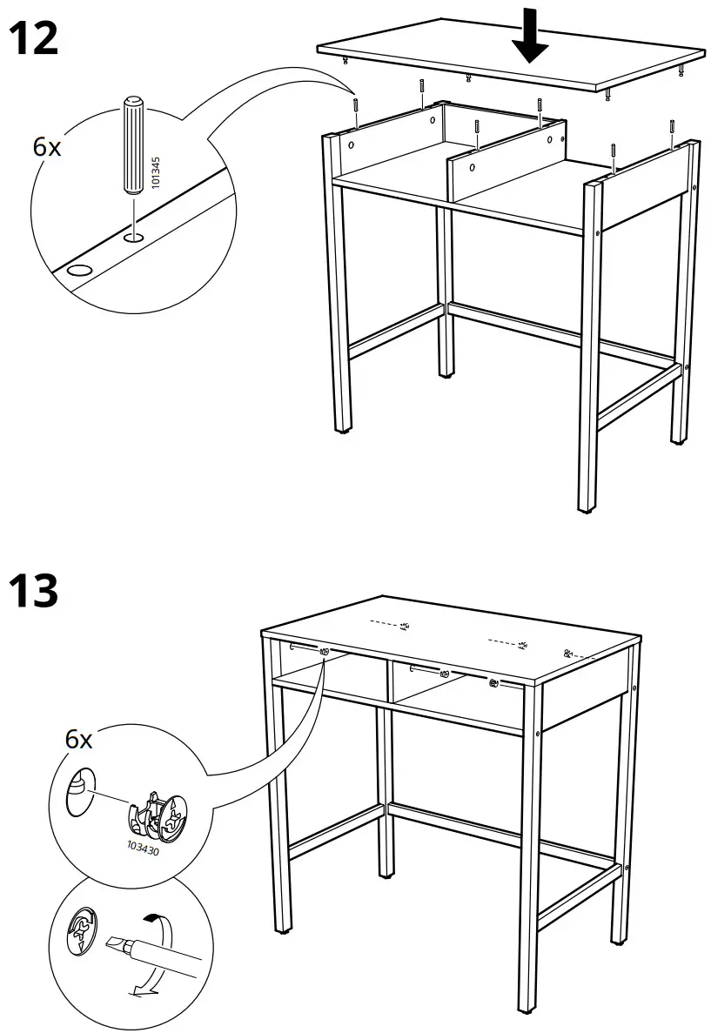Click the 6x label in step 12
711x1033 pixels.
pyautogui.click(x=47, y=147)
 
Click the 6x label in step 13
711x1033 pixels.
pyautogui.click(x=78, y=740)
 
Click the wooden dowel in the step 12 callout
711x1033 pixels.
pyautogui.click(x=133, y=148)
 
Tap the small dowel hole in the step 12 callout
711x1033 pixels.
pyautogui.click(x=132, y=236)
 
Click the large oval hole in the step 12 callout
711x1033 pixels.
pyautogui.click(x=78, y=271)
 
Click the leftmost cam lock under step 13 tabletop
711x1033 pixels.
pyautogui.click(x=324, y=651)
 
